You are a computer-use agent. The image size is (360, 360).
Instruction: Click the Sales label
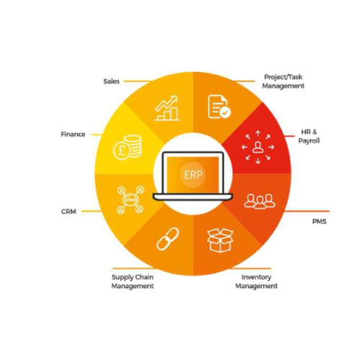tap(112, 81)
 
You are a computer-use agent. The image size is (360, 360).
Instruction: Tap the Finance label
tap(73, 134)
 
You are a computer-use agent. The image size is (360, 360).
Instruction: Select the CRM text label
tap(68, 212)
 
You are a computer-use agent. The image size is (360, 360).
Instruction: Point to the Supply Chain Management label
tap(132, 282)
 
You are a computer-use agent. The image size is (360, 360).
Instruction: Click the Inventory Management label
tap(256, 282)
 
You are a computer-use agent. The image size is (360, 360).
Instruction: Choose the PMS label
tap(319, 221)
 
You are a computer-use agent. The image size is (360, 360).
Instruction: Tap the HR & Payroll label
tap(309, 136)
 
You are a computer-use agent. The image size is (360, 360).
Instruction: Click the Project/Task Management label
tap(283, 81)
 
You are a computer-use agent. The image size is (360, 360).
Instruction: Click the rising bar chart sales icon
tap(167, 108)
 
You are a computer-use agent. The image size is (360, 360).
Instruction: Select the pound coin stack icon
tap(127, 148)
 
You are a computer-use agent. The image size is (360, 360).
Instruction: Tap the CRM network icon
tap(130, 199)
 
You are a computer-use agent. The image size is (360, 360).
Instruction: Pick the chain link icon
tap(168, 239)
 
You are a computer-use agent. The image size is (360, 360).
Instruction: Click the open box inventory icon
tap(220, 240)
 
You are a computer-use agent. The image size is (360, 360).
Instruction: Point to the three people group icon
tap(260, 201)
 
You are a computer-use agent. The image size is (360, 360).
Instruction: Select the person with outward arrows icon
tap(258, 147)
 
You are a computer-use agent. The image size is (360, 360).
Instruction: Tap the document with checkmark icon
tap(219, 107)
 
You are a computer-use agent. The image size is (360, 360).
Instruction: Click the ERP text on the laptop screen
tap(193, 175)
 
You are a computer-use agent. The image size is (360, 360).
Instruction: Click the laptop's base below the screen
tap(193, 197)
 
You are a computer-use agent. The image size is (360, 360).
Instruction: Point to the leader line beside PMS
tap(307, 211)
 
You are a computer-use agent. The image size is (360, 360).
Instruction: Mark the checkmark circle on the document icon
tap(225, 112)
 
